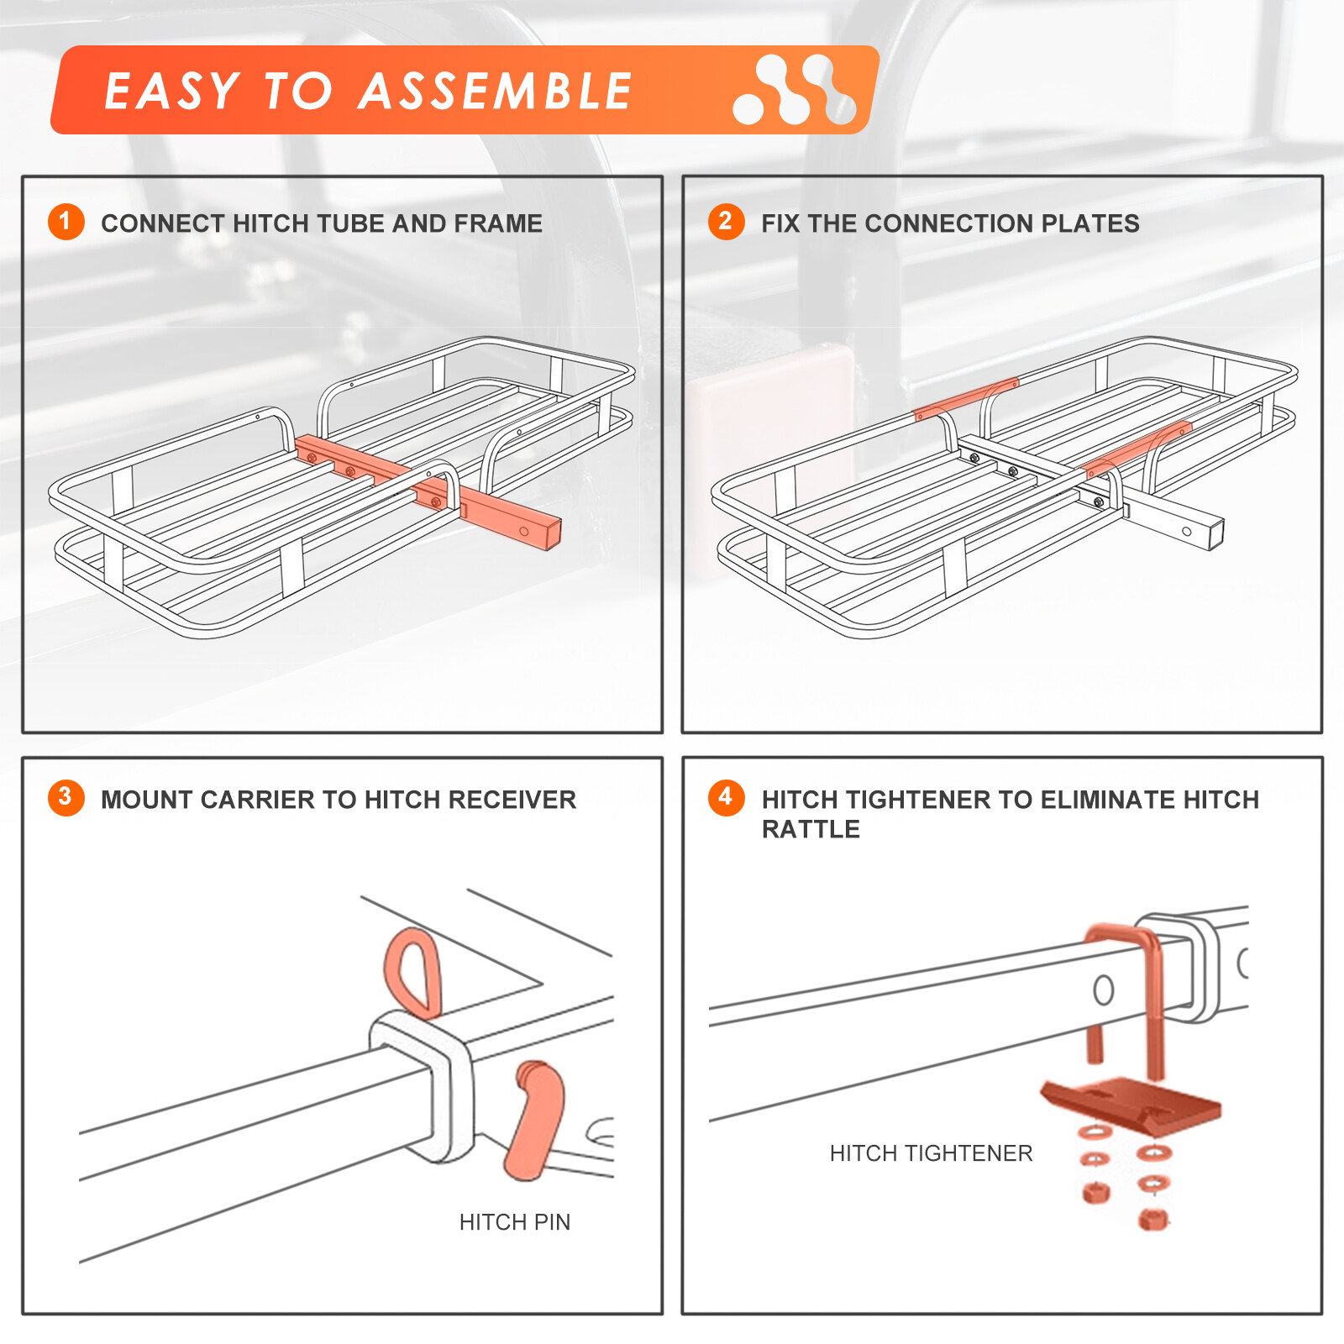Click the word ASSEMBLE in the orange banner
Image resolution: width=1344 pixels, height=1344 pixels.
(495, 91)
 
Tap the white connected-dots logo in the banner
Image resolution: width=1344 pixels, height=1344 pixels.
(794, 90)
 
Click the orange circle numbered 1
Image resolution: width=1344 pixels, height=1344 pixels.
(66, 222)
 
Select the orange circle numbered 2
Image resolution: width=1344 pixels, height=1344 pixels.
(726, 222)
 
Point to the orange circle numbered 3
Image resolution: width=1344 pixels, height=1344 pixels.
(66, 797)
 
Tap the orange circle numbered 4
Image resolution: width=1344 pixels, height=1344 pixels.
(726, 797)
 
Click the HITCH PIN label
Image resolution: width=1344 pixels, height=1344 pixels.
(514, 1222)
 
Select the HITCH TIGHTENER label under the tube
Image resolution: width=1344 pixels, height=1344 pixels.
(931, 1153)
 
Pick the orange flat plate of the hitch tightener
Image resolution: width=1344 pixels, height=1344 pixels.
(1130, 1100)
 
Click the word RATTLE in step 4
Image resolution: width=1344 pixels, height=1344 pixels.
(811, 830)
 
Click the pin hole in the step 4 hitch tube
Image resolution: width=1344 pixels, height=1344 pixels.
(1104, 990)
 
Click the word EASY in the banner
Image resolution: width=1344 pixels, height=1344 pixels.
(172, 91)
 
